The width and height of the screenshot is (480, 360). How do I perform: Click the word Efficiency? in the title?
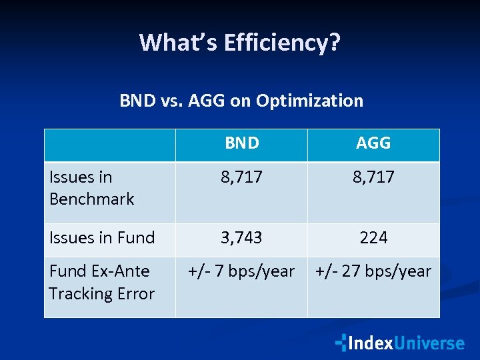(283, 43)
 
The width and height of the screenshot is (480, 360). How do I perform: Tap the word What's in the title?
(179, 43)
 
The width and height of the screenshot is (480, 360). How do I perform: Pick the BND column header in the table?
(241, 143)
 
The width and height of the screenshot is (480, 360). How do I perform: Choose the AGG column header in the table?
(373, 143)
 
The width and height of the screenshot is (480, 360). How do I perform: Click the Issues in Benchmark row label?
(91, 188)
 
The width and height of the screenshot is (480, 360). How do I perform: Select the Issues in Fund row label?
(102, 237)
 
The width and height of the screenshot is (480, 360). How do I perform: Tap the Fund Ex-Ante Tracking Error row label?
(101, 283)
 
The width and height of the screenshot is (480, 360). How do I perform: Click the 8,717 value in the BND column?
(241, 177)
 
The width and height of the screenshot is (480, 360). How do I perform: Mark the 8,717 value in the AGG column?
(373, 177)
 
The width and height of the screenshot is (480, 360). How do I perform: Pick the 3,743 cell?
(241, 237)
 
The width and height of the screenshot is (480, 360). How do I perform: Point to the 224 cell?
(373, 237)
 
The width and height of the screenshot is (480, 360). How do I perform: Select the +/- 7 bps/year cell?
(241, 271)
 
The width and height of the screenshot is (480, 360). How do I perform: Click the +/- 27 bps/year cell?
(373, 271)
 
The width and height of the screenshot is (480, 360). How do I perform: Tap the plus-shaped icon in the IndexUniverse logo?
(341, 343)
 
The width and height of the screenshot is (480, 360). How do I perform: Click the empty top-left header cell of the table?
(110, 145)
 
